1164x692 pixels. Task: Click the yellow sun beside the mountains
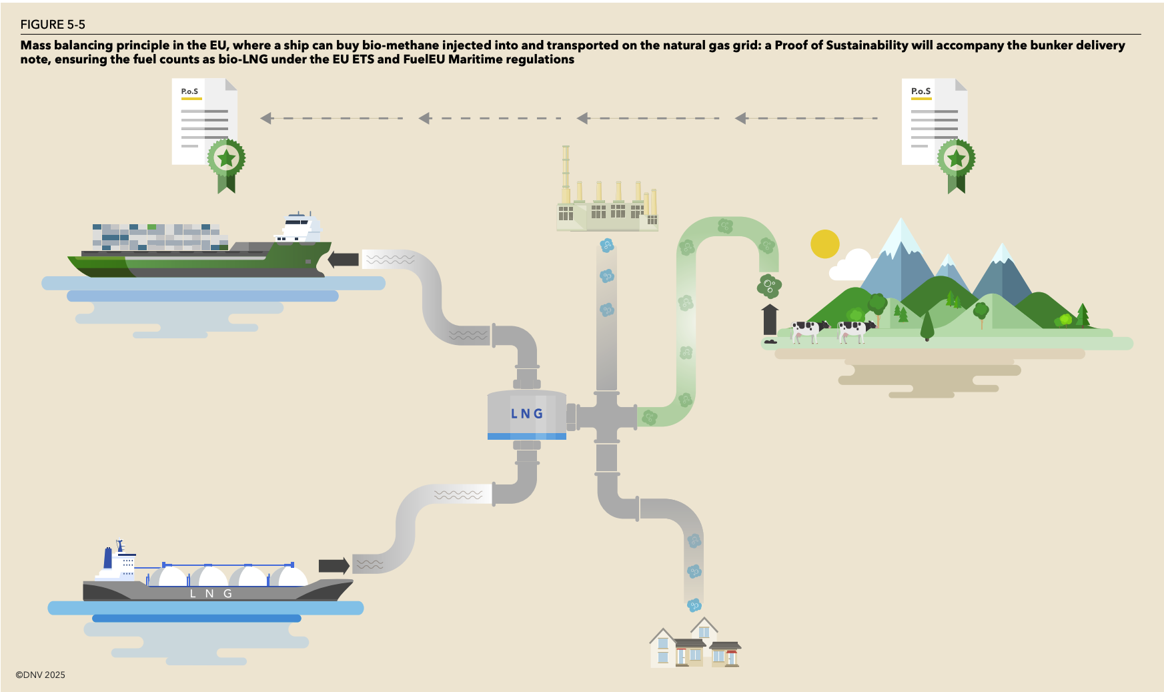(x=824, y=244)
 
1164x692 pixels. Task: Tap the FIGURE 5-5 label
(x=53, y=25)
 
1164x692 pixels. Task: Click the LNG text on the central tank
(x=527, y=414)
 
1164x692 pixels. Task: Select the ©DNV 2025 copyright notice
(x=41, y=675)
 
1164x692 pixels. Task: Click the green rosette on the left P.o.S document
(x=226, y=159)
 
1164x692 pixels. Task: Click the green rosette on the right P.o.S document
(x=956, y=159)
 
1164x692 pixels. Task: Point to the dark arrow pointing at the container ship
(x=343, y=259)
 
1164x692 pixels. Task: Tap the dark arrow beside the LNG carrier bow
(x=334, y=566)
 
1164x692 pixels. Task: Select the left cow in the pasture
(x=810, y=330)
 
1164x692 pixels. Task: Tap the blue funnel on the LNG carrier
(x=108, y=557)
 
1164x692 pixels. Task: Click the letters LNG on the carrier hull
(x=211, y=593)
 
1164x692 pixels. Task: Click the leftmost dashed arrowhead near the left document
(x=266, y=118)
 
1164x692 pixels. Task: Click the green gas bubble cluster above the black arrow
(x=769, y=286)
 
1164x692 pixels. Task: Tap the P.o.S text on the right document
(x=921, y=91)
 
